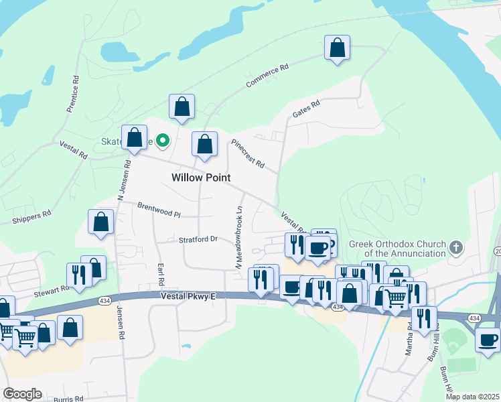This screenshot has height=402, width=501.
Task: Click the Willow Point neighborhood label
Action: (201, 178)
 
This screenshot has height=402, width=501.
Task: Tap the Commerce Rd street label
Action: (267, 76)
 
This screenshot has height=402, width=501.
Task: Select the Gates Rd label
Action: (306, 109)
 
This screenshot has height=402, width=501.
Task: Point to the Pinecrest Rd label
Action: (248, 154)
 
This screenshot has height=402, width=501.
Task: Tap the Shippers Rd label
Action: (31, 216)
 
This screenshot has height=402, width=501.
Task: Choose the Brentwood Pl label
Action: (159, 210)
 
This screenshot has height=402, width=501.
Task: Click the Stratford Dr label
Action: (198, 239)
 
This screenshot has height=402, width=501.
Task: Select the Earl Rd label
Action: (161, 274)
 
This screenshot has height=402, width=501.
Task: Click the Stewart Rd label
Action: (52, 292)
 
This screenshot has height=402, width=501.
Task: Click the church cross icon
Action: (455, 248)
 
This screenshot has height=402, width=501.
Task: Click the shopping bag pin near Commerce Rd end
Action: (337, 48)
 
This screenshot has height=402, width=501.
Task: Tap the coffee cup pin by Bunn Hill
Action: (487, 338)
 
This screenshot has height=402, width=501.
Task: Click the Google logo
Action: (22, 393)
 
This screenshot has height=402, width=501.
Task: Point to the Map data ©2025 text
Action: (472, 397)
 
